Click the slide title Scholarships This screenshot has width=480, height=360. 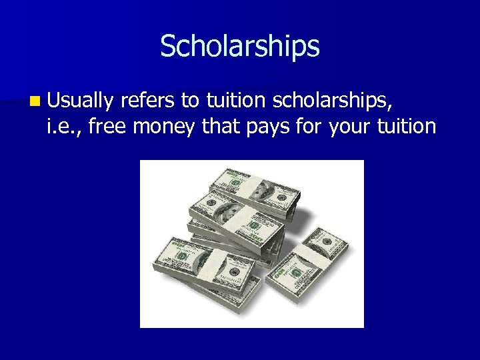click(x=240, y=46)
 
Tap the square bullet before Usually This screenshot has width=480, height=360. click(x=34, y=101)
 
